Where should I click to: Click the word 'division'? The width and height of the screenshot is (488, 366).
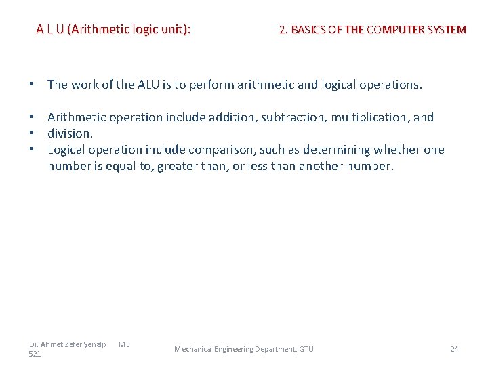pyautogui.click(x=68, y=134)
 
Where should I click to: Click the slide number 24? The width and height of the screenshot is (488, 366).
pyautogui.click(x=454, y=349)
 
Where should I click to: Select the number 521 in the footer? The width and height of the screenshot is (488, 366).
pyautogui.click(x=35, y=354)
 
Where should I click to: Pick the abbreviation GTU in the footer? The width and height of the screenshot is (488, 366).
pyautogui.click(x=306, y=349)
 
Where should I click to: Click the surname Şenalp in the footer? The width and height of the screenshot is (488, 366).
pyautogui.click(x=95, y=344)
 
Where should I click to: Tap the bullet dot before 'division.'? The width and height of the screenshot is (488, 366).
pyautogui.click(x=33, y=134)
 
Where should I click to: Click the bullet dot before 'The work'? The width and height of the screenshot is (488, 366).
pyautogui.click(x=33, y=85)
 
